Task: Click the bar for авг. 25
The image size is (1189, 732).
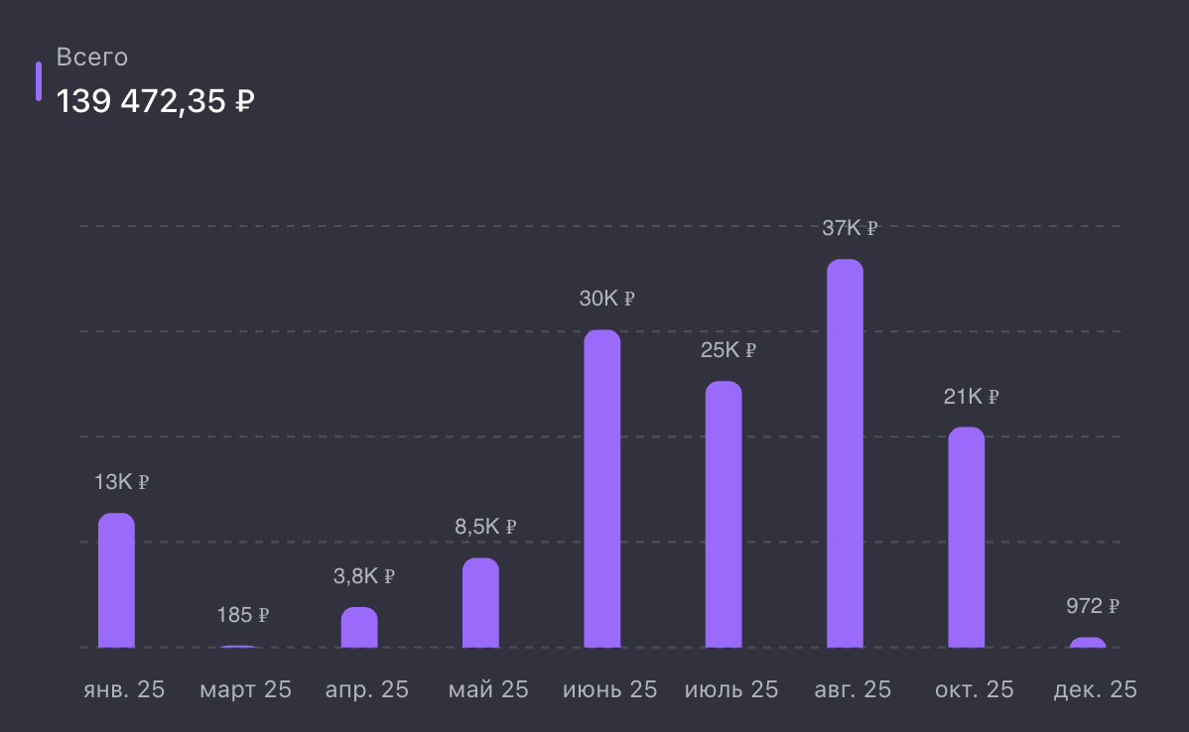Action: (845, 453)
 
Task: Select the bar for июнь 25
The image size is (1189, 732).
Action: (601, 488)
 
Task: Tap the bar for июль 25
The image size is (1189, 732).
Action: (724, 514)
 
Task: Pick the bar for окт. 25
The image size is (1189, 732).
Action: (966, 537)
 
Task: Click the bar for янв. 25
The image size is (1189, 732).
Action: (116, 580)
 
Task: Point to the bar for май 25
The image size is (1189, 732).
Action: (480, 602)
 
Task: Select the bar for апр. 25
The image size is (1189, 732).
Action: (359, 627)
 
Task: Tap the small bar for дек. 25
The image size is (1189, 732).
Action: (1087, 643)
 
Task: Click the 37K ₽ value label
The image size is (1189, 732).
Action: (850, 228)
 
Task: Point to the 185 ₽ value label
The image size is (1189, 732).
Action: (243, 615)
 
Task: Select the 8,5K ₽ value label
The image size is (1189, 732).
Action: (485, 527)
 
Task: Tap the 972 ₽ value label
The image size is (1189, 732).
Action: (1093, 605)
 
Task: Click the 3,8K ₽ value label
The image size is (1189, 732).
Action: (364, 575)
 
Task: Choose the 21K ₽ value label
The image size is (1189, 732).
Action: (971, 397)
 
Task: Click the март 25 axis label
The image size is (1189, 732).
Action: (245, 689)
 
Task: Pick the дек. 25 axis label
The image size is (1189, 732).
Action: (1095, 689)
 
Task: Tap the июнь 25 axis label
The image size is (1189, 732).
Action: (609, 689)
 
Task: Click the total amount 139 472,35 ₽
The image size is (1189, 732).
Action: (156, 101)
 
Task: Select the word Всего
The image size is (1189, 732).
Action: (92, 58)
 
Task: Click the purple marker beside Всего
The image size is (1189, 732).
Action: (39, 81)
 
